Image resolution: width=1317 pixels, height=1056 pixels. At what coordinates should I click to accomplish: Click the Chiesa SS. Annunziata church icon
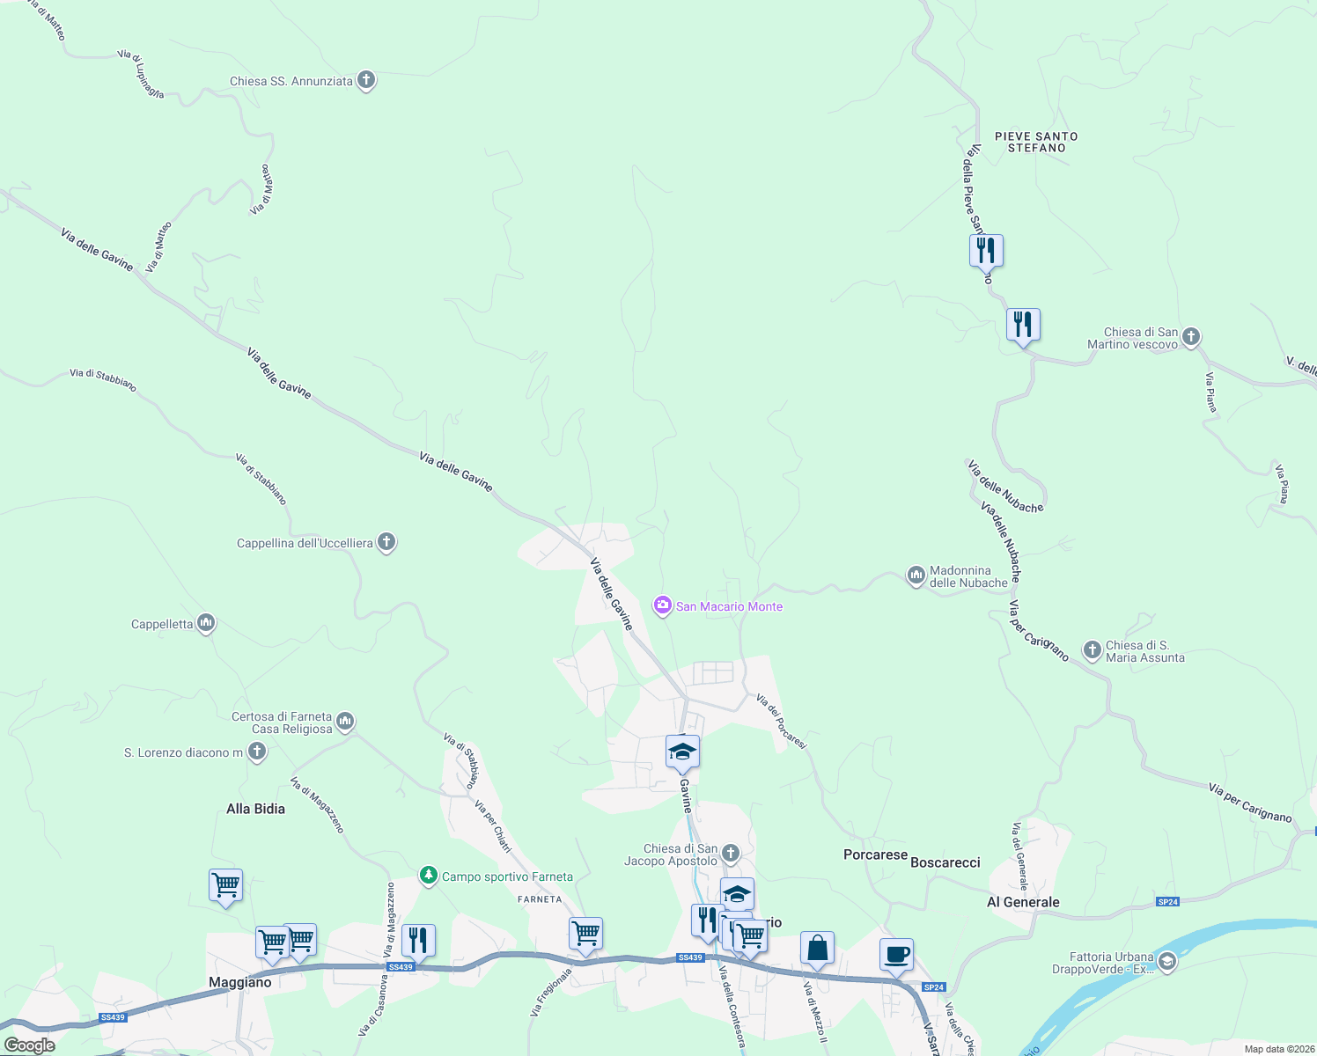[366, 81]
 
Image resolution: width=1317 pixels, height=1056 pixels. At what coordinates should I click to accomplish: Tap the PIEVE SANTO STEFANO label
[1036, 143]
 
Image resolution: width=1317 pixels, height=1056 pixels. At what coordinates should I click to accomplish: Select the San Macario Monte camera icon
[662, 605]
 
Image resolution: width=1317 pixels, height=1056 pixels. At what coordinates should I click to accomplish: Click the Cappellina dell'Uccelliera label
[305, 543]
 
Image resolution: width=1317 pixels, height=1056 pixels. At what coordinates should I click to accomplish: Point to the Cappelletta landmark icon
[207, 624]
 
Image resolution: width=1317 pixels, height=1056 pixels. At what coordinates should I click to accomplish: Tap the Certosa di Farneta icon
[345, 722]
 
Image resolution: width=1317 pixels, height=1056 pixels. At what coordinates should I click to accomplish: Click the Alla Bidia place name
[255, 809]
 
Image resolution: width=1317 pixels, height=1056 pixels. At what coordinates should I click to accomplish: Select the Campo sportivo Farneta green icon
[429, 876]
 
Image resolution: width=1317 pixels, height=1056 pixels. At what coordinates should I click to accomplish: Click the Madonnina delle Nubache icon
[916, 576]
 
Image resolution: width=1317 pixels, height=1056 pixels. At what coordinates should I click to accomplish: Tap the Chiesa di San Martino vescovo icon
[1191, 337]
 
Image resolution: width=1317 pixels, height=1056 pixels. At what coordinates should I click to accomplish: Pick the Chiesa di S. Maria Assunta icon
[1093, 651]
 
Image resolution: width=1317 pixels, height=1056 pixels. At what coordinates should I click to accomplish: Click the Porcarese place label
[875, 854]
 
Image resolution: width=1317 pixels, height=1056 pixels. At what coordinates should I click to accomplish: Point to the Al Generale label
[1023, 902]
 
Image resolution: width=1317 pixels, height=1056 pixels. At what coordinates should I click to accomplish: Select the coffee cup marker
[896, 955]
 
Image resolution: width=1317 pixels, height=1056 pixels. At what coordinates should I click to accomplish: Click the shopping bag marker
[817, 949]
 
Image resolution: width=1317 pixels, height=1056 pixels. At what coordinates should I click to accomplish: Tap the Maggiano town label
[239, 982]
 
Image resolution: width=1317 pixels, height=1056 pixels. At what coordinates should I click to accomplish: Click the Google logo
[30, 1045]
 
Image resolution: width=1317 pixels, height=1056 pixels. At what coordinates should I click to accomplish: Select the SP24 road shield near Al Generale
[1167, 902]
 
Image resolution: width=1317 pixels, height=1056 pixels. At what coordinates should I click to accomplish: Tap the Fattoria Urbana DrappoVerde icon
[1167, 963]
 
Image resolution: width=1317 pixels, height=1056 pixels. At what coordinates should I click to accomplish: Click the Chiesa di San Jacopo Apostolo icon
[731, 854]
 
